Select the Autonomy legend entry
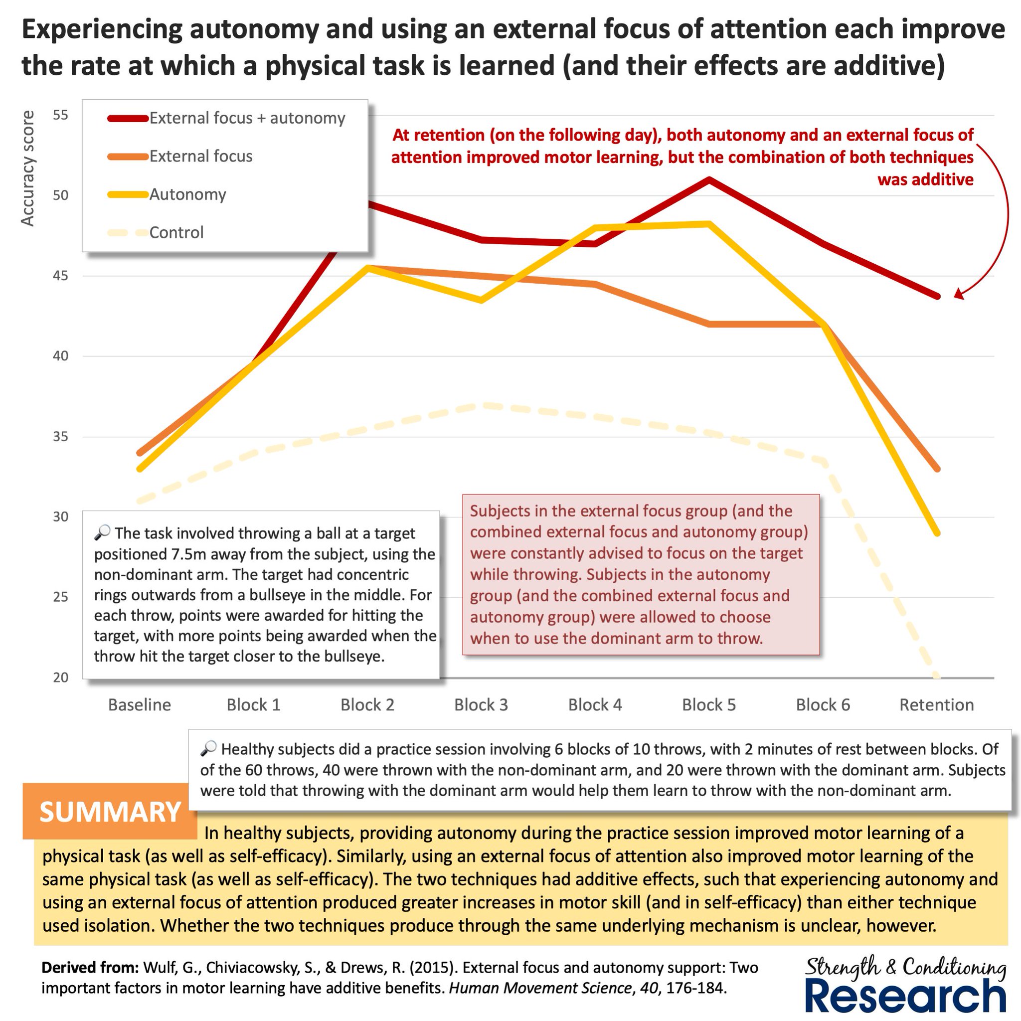coord(167,194)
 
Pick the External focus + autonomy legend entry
coord(226,118)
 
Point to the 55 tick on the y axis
coord(61,115)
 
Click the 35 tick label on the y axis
coord(61,437)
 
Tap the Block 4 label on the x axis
coord(595,704)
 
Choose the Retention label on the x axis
coord(936,704)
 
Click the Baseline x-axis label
coord(140,704)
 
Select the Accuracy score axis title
coord(27,169)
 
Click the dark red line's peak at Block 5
coord(709,179)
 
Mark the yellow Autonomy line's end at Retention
coord(937,533)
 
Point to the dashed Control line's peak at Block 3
coord(482,405)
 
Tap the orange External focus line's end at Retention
coord(937,469)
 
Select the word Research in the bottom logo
coord(905,996)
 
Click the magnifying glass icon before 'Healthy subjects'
coord(209,748)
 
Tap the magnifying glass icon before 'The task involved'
coord(103,532)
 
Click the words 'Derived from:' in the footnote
coord(90,968)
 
